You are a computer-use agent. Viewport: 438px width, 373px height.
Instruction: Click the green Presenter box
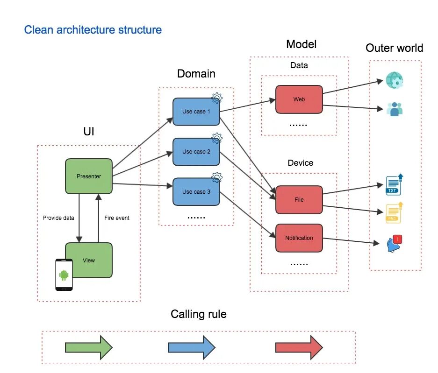[x=89, y=176]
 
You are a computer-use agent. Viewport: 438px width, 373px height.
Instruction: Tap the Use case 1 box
[x=196, y=112]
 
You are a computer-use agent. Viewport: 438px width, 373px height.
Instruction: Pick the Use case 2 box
[x=196, y=152]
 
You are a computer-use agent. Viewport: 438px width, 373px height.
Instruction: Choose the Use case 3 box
[x=196, y=192]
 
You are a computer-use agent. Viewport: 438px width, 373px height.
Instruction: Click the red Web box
[x=299, y=99]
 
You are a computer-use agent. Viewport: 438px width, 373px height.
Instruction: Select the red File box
[x=299, y=199]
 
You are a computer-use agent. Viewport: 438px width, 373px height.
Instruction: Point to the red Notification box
[x=299, y=238]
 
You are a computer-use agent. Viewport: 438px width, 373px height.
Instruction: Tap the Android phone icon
[x=64, y=274]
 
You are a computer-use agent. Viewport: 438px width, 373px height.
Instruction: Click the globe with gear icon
[x=394, y=80]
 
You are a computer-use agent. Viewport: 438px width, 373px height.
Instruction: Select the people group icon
[x=394, y=109]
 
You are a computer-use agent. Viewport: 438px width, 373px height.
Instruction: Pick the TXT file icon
[x=394, y=185]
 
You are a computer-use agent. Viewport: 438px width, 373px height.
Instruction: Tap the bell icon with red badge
[x=394, y=244]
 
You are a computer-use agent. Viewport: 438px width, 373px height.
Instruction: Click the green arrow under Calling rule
[x=89, y=347]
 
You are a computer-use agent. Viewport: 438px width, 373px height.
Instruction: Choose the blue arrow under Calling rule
[x=191, y=347]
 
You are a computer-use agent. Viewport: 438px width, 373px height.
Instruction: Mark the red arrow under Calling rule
[x=299, y=347]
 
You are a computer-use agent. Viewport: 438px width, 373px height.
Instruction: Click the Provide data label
[x=58, y=218]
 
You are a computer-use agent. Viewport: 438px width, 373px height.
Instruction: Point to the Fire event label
[x=117, y=218]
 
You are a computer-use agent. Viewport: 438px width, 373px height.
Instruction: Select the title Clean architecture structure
[x=93, y=30]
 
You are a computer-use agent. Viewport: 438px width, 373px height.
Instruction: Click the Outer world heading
[x=394, y=48]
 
